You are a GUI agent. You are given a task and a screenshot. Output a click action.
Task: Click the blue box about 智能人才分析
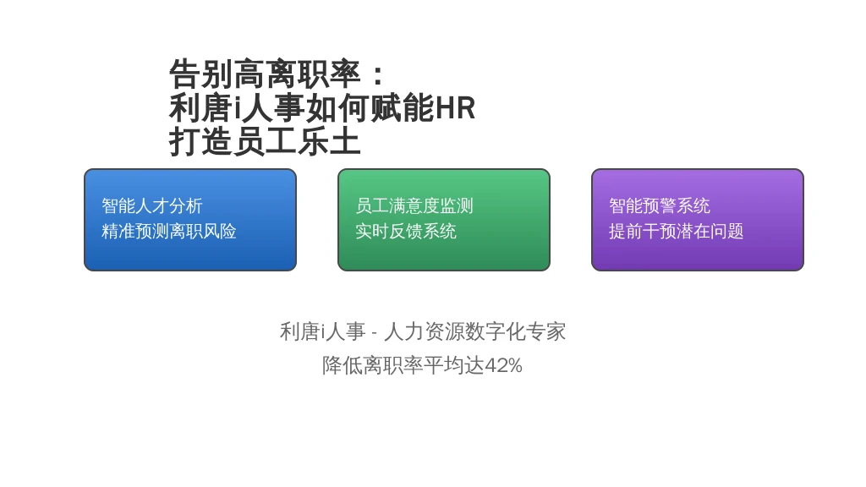[190, 220]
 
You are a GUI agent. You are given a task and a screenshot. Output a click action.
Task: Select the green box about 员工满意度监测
[443, 220]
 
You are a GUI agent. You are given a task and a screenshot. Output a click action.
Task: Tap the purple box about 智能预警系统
[698, 220]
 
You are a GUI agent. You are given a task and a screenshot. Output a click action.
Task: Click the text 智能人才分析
[152, 206]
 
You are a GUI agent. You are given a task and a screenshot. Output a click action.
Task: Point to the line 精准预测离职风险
[169, 231]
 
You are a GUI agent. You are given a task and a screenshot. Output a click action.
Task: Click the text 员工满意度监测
[414, 206]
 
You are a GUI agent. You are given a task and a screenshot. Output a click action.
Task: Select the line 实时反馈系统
[406, 231]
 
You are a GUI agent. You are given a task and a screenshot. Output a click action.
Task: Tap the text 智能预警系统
[660, 206]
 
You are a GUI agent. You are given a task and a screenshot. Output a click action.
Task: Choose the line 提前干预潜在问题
[677, 231]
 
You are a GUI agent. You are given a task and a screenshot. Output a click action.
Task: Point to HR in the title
[455, 108]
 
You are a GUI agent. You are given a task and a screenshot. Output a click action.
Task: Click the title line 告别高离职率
[265, 74]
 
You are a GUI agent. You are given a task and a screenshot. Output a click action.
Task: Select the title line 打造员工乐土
[265, 141]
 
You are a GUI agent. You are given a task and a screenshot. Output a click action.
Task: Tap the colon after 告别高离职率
[378, 75]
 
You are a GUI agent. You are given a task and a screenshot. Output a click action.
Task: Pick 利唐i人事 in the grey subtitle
[322, 331]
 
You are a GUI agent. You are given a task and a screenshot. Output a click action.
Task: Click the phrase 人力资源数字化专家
[475, 331]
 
